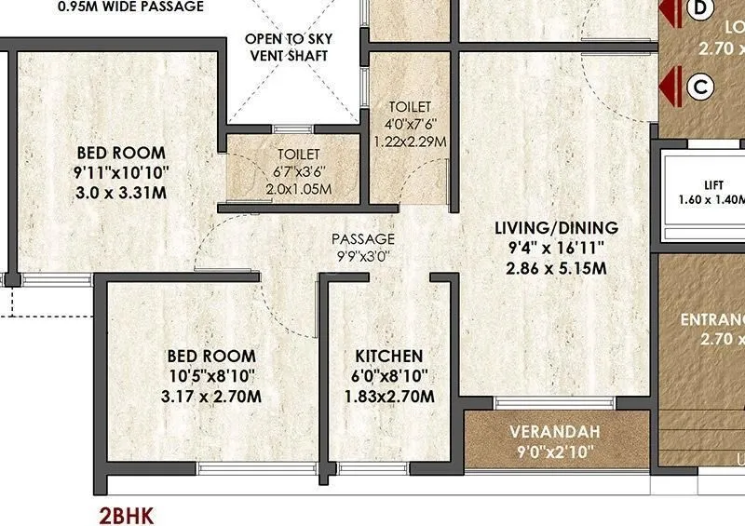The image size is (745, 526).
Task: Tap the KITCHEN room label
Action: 389,357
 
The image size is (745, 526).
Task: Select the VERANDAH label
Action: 555,433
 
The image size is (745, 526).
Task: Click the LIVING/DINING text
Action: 557,227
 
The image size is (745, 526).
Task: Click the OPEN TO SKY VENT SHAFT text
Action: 288,47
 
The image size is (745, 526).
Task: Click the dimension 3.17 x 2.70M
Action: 211,397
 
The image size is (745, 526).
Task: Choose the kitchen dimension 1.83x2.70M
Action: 389,397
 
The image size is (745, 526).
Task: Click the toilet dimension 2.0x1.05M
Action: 298,189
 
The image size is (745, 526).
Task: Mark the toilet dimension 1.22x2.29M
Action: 410,142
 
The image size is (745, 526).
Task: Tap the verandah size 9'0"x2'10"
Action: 555,454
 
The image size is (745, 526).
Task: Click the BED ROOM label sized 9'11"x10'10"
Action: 121,153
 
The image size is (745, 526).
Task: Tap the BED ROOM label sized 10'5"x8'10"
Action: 211,356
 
